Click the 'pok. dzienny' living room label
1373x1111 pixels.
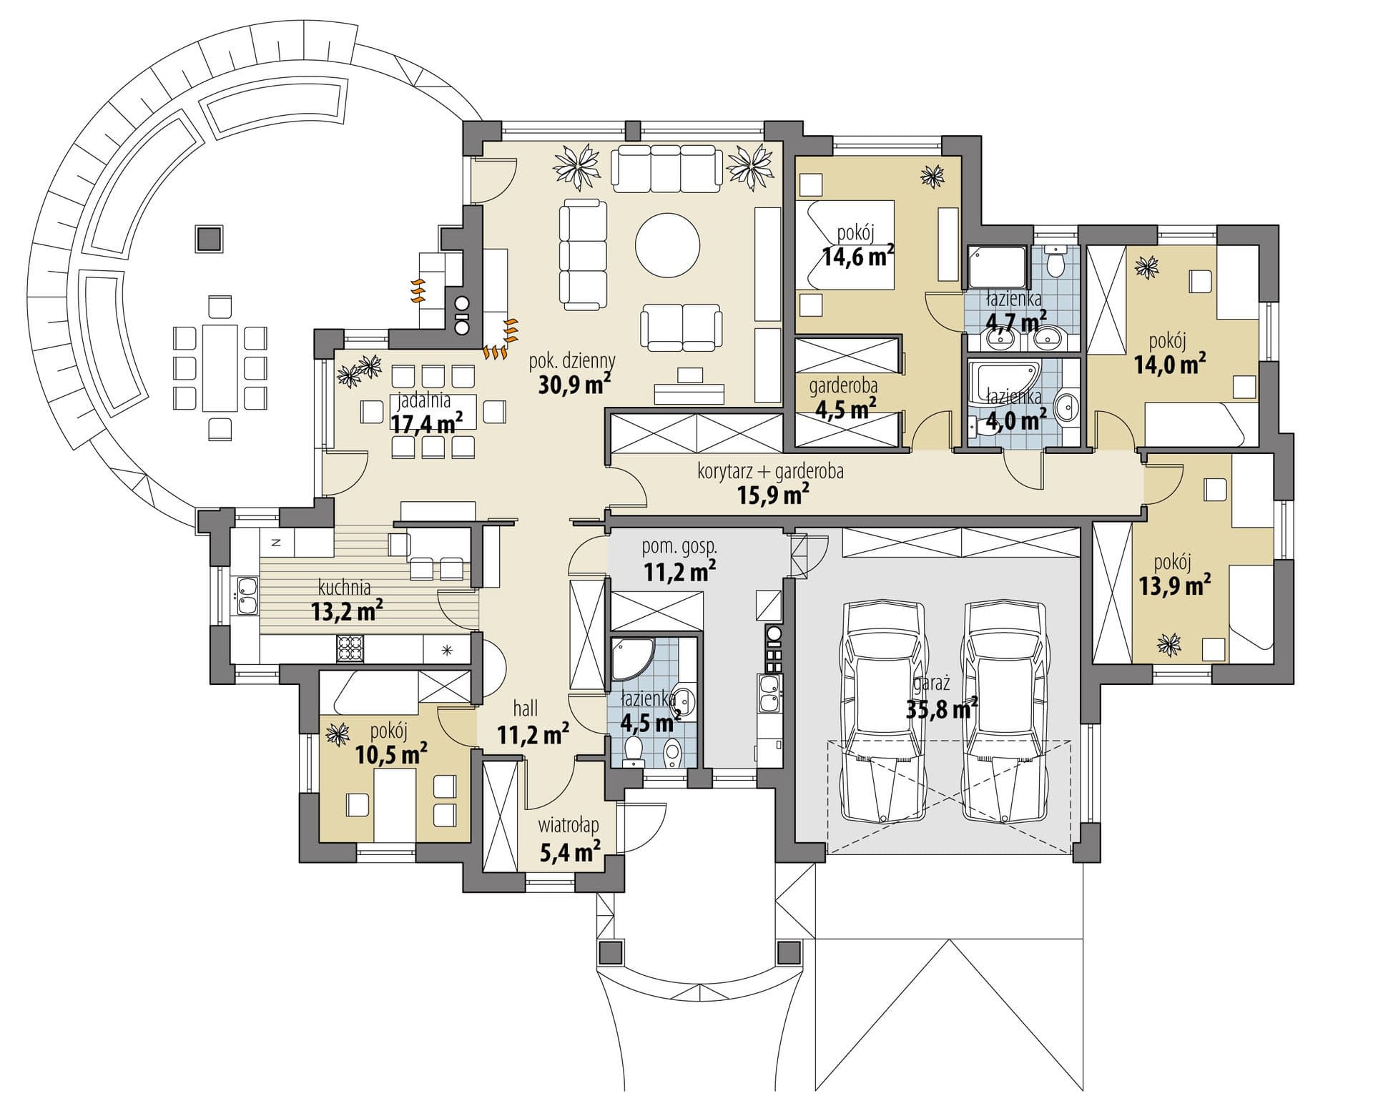pyautogui.click(x=572, y=360)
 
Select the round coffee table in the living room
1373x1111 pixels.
pyautogui.click(x=668, y=244)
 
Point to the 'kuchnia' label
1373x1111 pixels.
pyautogui.click(x=345, y=588)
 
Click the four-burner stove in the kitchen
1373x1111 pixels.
pyautogui.click(x=350, y=649)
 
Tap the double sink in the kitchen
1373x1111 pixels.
pyautogui.click(x=245, y=596)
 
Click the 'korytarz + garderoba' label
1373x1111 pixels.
pyautogui.click(x=770, y=472)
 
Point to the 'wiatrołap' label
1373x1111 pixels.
pyautogui.click(x=569, y=826)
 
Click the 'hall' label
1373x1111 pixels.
pyautogui.click(x=526, y=708)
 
